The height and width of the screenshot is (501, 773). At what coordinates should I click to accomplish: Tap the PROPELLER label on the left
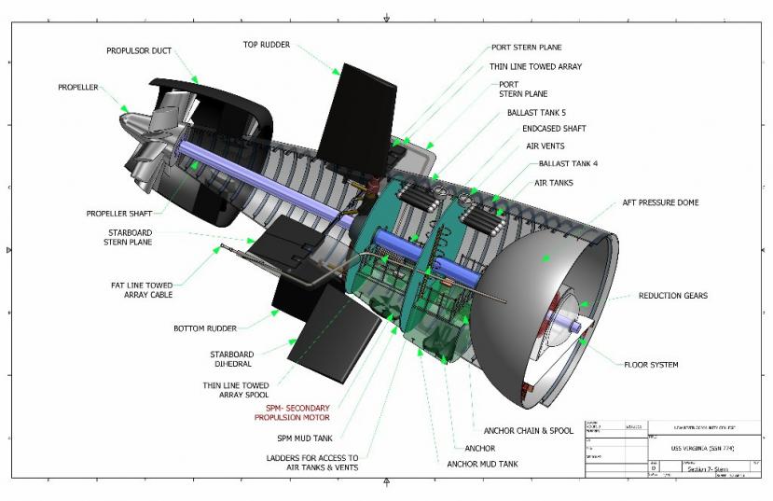(x=77, y=88)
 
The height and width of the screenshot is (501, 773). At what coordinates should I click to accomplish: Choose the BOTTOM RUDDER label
(x=205, y=328)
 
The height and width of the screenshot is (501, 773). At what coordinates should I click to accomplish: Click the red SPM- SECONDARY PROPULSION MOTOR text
(x=292, y=414)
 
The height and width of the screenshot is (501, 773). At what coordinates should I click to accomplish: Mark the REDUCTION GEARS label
(x=672, y=296)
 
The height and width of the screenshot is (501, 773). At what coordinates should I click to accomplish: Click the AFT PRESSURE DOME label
(x=661, y=202)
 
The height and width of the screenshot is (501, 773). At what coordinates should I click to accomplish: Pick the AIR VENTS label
(x=545, y=146)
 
